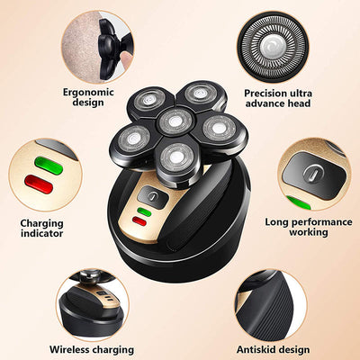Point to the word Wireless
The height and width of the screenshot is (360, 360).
pos(72,349)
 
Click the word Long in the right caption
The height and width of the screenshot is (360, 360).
pos(280,220)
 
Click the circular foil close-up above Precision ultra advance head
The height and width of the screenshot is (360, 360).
pos(278,41)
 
